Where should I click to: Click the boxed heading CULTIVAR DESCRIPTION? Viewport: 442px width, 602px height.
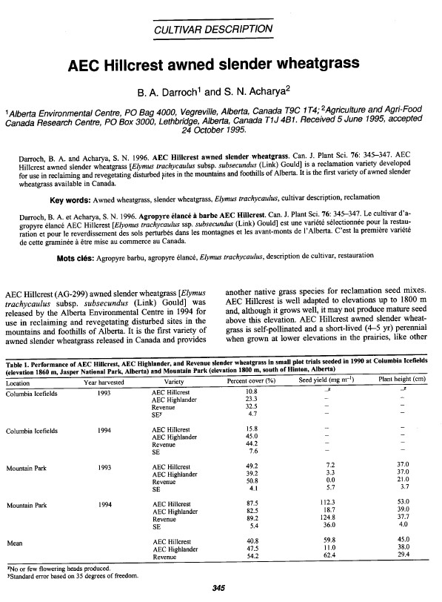pos(220,30)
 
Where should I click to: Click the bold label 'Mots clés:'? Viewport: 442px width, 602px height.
pos(81,236)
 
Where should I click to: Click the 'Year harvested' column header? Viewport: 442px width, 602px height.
pos(109,383)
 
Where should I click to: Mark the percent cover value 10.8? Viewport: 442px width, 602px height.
pos(251,391)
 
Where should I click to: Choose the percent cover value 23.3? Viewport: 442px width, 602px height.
pos(251,399)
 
